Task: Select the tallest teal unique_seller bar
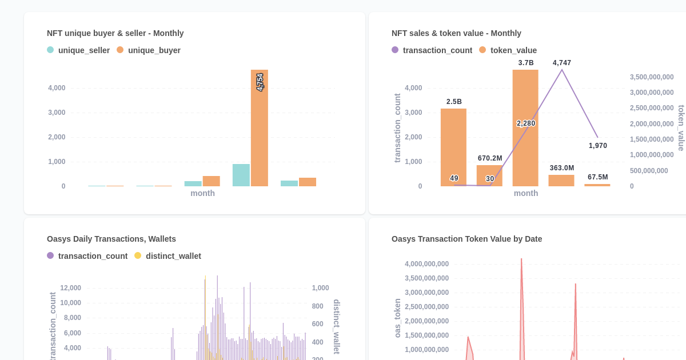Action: point(241,175)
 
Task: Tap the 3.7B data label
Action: point(526,63)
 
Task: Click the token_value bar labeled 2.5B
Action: point(453,147)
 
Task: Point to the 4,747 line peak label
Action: point(562,63)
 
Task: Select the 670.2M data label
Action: point(490,158)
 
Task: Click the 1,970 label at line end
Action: point(598,146)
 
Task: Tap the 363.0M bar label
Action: point(562,168)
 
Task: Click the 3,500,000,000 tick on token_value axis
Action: point(652,77)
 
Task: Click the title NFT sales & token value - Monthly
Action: point(456,33)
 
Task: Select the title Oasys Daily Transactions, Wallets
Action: point(111,239)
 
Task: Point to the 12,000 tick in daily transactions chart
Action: point(71,288)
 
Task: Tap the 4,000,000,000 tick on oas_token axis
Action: point(426,264)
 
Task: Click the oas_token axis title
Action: point(398,318)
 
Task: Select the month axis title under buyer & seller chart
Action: point(203,193)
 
